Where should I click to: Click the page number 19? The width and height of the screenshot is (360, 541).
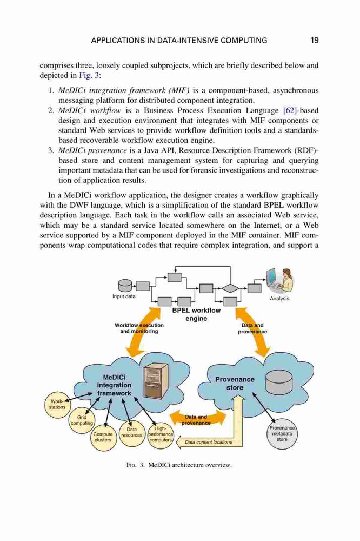pyautogui.click(x=314, y=41)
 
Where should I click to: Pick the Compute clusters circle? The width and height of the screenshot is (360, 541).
pyautogui.click(x=103, y=437)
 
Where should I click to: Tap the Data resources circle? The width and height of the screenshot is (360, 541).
pyautogui.click(x=132, y=432)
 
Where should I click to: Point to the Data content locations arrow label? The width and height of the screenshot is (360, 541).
pyautogui.click(x=209, y=442)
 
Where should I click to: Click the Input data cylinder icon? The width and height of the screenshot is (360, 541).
pyautogui.click(x=125, y=285)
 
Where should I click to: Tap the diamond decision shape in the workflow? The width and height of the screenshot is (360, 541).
pyautogui.click(x=230, y=287)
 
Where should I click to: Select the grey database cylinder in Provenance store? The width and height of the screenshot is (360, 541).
pyautogui.click(x=279, y=382)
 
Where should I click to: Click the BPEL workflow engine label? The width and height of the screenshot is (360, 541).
pyautogui.click(x=196, y=314)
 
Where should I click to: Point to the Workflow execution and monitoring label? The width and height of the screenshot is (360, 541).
pyautogui.click(x=139, y=328)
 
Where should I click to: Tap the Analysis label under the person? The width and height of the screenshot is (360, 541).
pyautogui.click(x=279, y=299)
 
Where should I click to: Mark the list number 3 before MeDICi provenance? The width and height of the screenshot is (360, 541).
pyautogui.click(x=50, y=151)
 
